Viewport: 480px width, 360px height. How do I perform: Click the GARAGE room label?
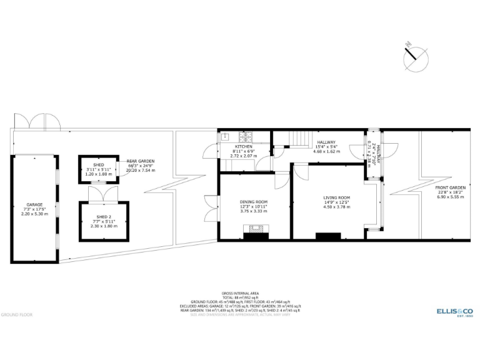[34, 204]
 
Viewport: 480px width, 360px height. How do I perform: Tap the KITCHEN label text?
[244, 146]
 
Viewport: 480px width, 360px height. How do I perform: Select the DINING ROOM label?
[254, 202]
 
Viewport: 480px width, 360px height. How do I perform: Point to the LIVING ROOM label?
[336, 198]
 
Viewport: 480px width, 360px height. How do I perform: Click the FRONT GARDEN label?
[451, 187]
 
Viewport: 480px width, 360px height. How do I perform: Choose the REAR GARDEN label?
[140, 161]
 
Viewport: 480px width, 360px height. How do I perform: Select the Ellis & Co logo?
[453, 311]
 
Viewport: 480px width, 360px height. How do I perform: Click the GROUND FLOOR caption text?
[16, 314]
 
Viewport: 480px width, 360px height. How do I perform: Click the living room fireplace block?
[328, 236]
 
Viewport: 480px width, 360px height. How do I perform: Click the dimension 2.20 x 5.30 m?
[34, 214]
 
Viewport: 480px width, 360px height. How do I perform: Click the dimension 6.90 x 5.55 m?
[451, 197]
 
